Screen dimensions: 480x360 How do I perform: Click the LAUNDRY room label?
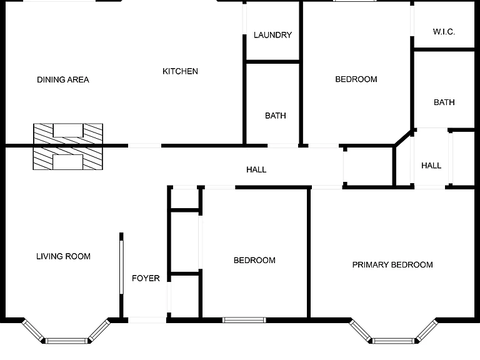(272, 35)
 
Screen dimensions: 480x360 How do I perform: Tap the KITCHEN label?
(180, 71)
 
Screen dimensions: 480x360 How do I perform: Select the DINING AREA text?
(63, 79)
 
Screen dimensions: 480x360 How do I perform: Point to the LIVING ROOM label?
(63, 256)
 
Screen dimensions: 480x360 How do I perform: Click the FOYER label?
(146, 278)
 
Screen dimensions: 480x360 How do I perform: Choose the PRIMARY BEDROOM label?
(392, 265)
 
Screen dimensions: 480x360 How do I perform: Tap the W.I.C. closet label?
(444, 31)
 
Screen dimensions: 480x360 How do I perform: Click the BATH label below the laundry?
(276, 116)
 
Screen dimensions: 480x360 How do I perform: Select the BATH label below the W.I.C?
(444, 102)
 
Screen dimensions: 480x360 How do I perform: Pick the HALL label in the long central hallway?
(256, 169)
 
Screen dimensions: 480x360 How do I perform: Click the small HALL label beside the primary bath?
(431, 166)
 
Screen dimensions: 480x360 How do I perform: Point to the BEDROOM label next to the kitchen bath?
(356, 79)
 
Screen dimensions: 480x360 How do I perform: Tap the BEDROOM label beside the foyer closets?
(254, 260)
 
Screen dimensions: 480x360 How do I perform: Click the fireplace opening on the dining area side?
(68, 131)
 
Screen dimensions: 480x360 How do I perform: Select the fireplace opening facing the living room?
(67, 162)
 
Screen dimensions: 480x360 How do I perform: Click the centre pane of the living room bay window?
(66, 341)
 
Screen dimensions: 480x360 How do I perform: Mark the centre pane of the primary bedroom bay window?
(393, 341)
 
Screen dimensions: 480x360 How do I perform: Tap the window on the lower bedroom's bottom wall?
(244, 320)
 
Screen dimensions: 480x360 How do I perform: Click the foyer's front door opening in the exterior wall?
(147, 320)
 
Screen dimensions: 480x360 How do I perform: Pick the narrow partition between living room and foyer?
(121, 267)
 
